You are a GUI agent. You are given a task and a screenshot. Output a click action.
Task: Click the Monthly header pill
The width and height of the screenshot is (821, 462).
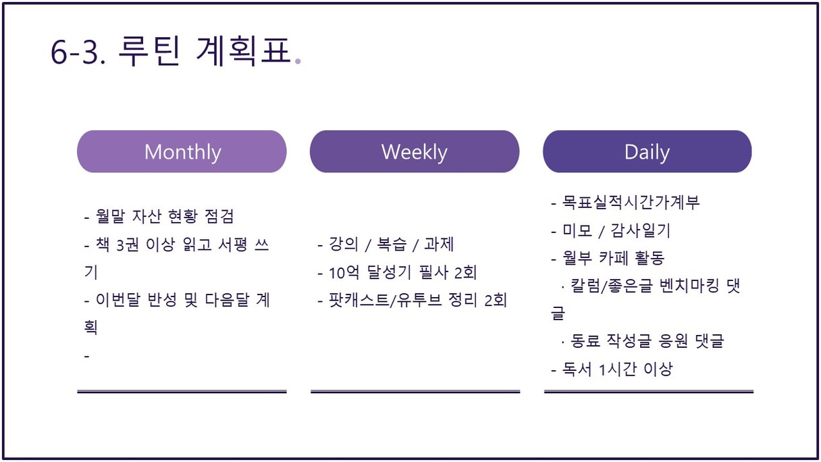pos(182,151)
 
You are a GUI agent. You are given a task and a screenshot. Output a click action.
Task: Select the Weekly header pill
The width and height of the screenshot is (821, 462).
pos(415,151)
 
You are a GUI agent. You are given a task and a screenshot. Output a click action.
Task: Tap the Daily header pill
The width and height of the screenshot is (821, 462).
pos(647,151)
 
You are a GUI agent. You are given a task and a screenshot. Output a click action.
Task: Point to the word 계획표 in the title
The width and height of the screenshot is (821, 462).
pos(243,51)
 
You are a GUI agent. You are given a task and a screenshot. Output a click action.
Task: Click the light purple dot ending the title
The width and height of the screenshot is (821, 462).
pos(298,61)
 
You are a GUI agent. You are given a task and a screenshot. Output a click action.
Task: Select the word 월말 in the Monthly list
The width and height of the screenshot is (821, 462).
pos(110,215)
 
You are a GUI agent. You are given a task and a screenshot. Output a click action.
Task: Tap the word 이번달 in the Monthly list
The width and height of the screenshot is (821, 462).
pos(118,300)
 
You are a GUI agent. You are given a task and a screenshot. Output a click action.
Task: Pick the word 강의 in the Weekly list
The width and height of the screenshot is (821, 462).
pos(344,244)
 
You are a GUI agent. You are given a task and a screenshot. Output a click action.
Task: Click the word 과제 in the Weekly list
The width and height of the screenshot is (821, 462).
pos(439,244)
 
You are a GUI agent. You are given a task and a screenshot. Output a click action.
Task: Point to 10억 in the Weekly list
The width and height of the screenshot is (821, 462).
pos(344,272)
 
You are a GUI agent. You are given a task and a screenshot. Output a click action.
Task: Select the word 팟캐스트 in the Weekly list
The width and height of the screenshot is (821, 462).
pos(359,300)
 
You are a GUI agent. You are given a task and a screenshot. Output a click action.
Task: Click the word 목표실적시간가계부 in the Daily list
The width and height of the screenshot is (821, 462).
pos(631,203)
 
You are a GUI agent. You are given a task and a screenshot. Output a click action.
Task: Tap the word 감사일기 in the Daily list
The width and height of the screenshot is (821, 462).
pos(640,230)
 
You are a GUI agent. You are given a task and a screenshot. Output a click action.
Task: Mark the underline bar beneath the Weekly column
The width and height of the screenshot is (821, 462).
pos(415,392)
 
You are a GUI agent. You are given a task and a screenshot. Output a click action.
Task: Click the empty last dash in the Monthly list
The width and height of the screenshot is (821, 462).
pos(87,356)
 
